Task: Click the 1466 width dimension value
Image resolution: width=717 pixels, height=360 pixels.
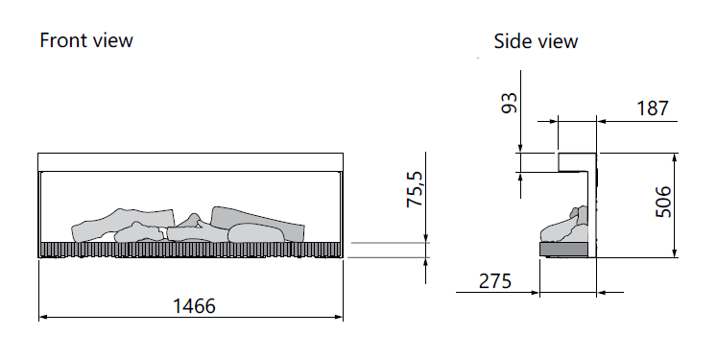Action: pyautogui.click(x=194, y=306)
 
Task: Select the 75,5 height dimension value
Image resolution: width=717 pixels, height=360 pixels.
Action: pyautogui.click(x=417, y=189)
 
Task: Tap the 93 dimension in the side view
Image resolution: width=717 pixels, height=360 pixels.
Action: pyautogui.click(x=510, y=103)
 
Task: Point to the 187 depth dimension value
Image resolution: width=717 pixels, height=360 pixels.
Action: pyautogui.click(x=653, y=108)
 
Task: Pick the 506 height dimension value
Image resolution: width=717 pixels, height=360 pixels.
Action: pyautogui.click(x=663, y=202)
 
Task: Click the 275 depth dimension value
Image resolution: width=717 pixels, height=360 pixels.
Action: pyautogui.click(x=495, y=281)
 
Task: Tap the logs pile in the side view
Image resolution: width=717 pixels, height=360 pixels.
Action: pyautogui.click(x=564, y=225)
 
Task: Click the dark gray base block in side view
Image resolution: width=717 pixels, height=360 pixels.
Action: pyautogui.click(x=563, y=250)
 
